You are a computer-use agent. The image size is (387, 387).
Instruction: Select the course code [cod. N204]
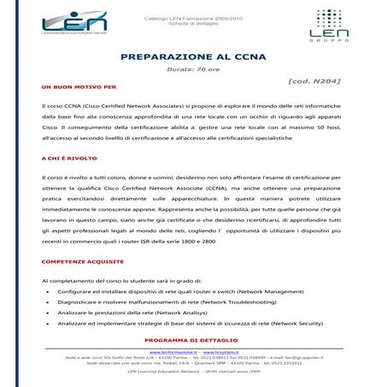click(317, 81)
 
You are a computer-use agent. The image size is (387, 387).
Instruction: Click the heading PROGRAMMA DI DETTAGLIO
click(193, 340)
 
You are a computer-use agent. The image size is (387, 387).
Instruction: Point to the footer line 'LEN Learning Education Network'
click(193, 372)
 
